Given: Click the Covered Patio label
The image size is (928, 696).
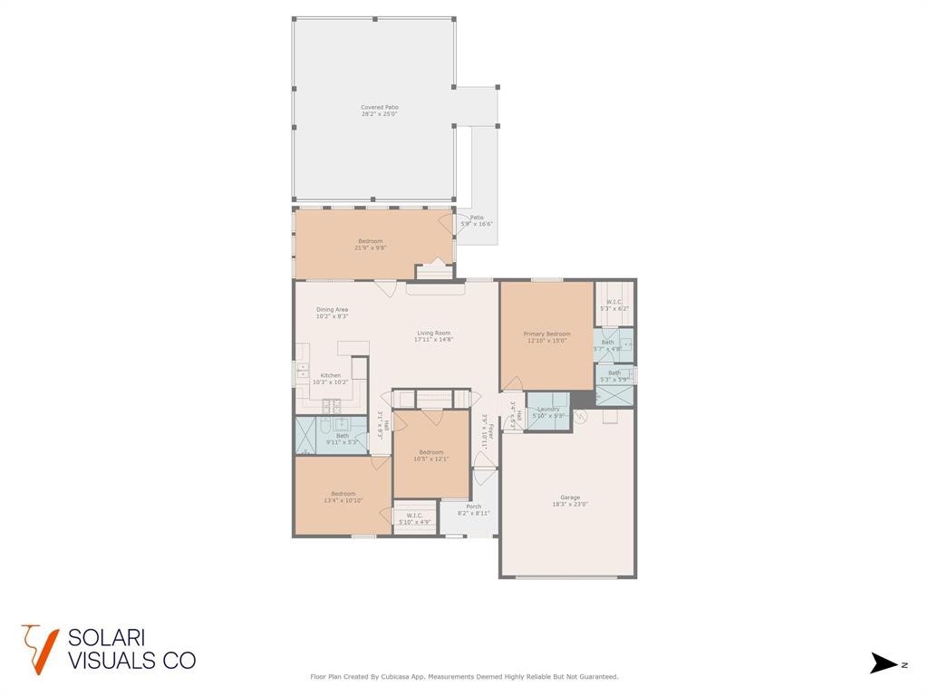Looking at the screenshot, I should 379,111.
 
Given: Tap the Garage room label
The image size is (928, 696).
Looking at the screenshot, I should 569,500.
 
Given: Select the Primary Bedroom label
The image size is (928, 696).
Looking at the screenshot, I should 546,337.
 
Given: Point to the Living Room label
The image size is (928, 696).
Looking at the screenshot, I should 433,335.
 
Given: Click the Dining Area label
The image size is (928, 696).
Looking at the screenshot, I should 332,313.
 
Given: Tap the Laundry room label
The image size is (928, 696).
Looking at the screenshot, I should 548,411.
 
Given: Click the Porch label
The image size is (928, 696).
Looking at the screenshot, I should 473,509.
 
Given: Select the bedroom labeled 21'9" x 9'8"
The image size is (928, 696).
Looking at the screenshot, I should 370,244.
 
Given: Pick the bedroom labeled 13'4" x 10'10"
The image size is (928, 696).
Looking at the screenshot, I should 343,497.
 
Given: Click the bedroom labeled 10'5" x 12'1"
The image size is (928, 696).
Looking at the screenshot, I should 430,455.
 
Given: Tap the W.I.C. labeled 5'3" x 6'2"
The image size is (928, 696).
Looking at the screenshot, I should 614,305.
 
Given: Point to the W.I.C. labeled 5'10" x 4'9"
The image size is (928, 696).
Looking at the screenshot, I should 414,518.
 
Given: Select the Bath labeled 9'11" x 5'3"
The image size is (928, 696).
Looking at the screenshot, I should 343,439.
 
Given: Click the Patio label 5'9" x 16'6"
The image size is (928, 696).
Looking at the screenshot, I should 476,220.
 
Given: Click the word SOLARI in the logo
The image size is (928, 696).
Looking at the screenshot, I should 107,638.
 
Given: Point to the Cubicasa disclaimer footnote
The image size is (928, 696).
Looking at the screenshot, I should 464,676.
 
